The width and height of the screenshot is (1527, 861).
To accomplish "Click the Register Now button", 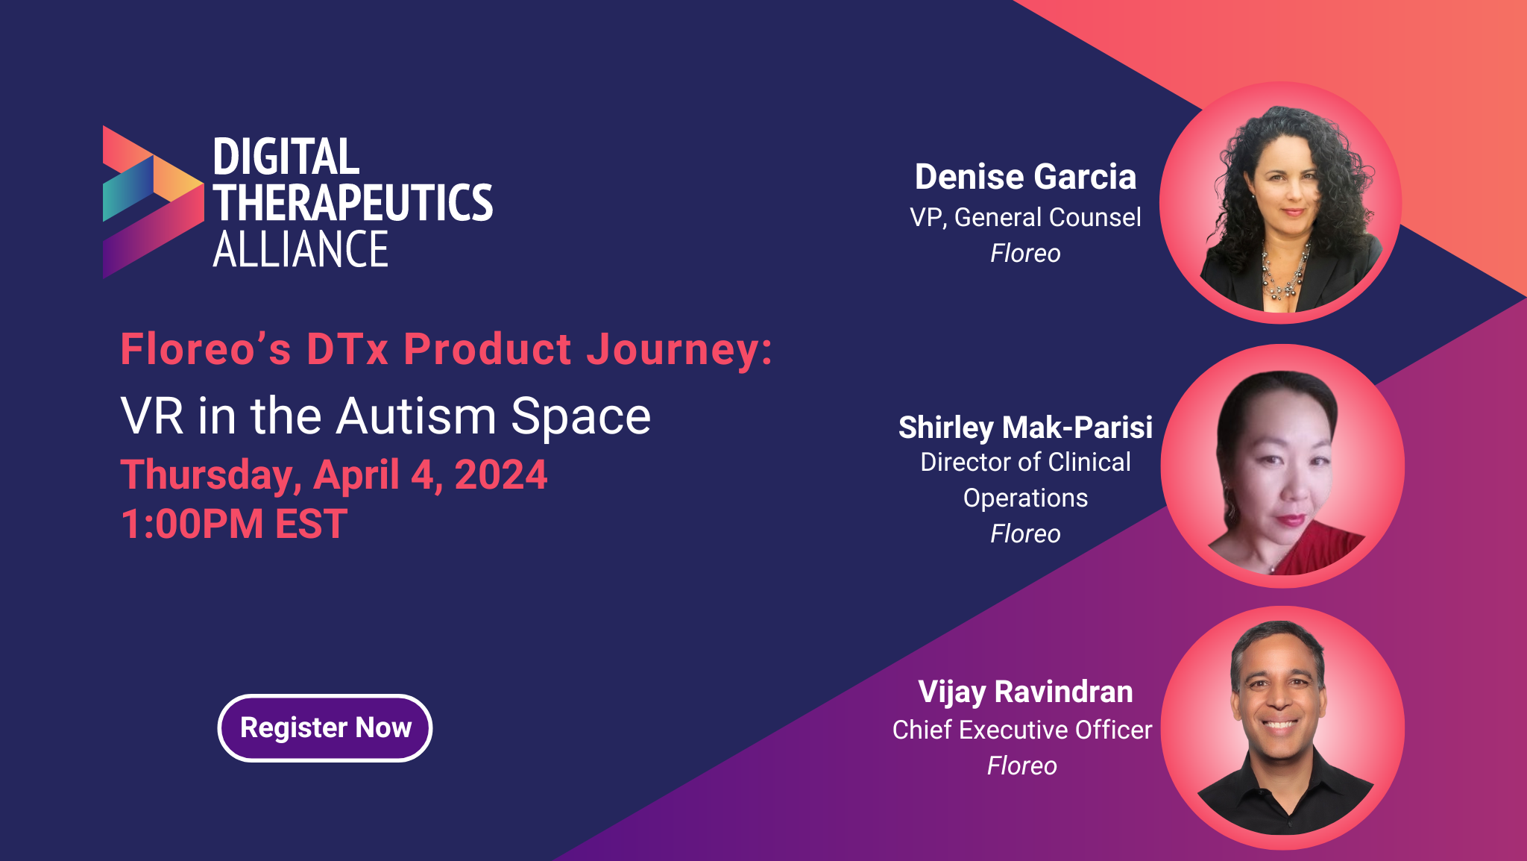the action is pyautogui.click(x=325, y=727).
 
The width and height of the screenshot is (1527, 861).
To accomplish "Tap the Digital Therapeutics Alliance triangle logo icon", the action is pyautogui.click(x=153, y=201).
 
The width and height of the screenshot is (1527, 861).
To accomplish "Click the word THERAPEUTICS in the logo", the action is pyautogui.click(x=353, y=203).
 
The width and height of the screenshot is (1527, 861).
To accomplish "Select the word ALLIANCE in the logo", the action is pyautogui.click(x=300, y=249).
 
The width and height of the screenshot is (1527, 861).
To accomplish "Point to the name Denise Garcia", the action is pyautogui.click(x=1025, y=177).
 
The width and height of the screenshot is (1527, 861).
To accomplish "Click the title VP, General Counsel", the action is pyautogui.click(x=1025, y=217).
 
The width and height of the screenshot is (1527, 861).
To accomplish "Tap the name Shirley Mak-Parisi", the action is pyautogui.click(x=1025, y=428).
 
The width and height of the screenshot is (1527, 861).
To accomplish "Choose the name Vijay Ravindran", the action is pyautogui.click(x=1025, y=692).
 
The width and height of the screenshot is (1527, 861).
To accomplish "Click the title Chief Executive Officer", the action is pyautogui.click(x=1022, y=730).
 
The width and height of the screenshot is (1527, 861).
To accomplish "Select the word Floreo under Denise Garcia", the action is pyautogui.click(x=1025, y=254).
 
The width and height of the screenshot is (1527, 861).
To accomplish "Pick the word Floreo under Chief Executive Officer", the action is pyautogui.click(x=1022, y=766).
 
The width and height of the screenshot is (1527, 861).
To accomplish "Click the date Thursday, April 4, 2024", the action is pyautogui.click(x=334, y=475).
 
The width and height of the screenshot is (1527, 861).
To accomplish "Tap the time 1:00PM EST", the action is pyautogui.click(x=234, y=524).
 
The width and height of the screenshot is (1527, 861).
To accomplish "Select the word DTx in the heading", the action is pyautogui.click(x=347, y=349).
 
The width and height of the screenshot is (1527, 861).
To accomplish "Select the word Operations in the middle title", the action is pyautogui.click(x=1025, y=498).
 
